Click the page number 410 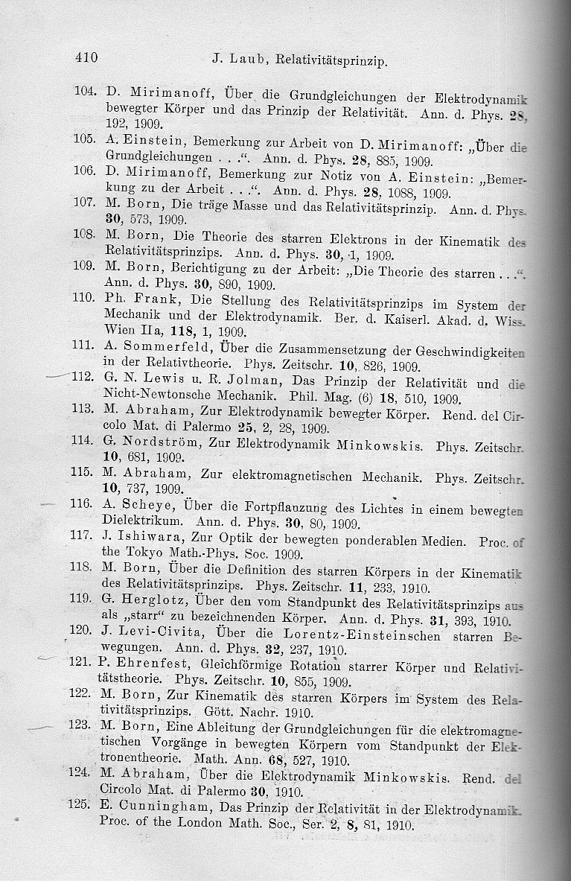[86, 57]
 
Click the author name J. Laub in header [234, 59]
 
